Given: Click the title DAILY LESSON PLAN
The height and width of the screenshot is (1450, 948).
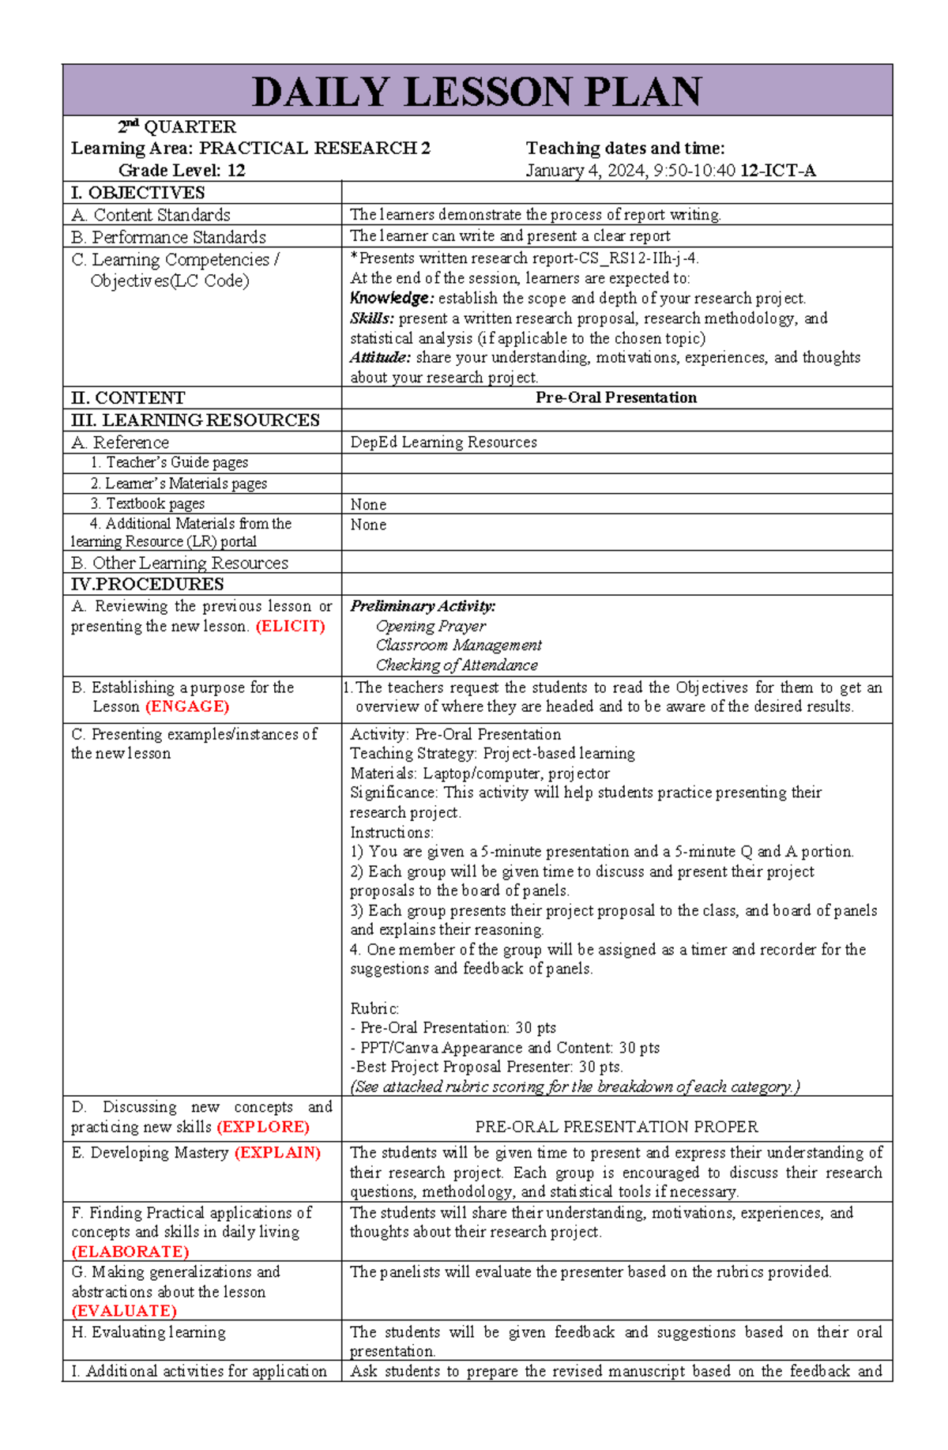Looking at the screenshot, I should (x=477, y=92).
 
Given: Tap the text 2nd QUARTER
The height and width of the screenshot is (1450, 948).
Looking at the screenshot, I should (x=177, y=127).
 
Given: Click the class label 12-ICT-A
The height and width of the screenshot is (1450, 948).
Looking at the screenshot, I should (x=777, y=171).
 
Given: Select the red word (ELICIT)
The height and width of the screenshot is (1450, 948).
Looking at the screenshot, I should (x=290, y=627).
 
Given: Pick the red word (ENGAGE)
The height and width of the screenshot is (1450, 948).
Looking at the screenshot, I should (x=187, y=706).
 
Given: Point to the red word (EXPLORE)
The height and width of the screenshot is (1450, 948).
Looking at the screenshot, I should (x=263, y=1127).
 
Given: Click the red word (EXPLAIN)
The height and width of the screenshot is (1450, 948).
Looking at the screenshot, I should (x=277, y=1153).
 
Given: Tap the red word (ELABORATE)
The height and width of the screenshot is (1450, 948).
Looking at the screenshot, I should (x=130, y=1252).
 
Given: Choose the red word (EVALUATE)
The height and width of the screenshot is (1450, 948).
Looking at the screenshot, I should (x=124, y=1311).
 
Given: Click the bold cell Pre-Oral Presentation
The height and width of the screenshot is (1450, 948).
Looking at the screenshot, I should (x=616, y=397).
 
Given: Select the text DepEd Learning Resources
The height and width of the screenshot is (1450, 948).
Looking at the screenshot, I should (x=443, y=443).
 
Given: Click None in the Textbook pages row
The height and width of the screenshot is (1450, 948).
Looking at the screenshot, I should (x=368, y=504).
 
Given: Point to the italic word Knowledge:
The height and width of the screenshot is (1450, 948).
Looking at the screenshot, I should (x=392, y=299).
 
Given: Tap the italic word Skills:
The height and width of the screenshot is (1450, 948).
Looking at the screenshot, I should (x=372, y=318).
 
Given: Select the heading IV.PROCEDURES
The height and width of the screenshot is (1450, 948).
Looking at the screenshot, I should (x=148, y=584).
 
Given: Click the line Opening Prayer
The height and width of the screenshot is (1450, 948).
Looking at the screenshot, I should (x=431, y=627).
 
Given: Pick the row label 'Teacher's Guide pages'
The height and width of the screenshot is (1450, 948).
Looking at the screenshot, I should (x=169, y=462).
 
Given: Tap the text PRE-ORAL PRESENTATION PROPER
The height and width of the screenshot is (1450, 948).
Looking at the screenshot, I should (x=616, y=1127).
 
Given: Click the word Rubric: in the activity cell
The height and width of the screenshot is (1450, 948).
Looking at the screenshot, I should (x=374, y=1009).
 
